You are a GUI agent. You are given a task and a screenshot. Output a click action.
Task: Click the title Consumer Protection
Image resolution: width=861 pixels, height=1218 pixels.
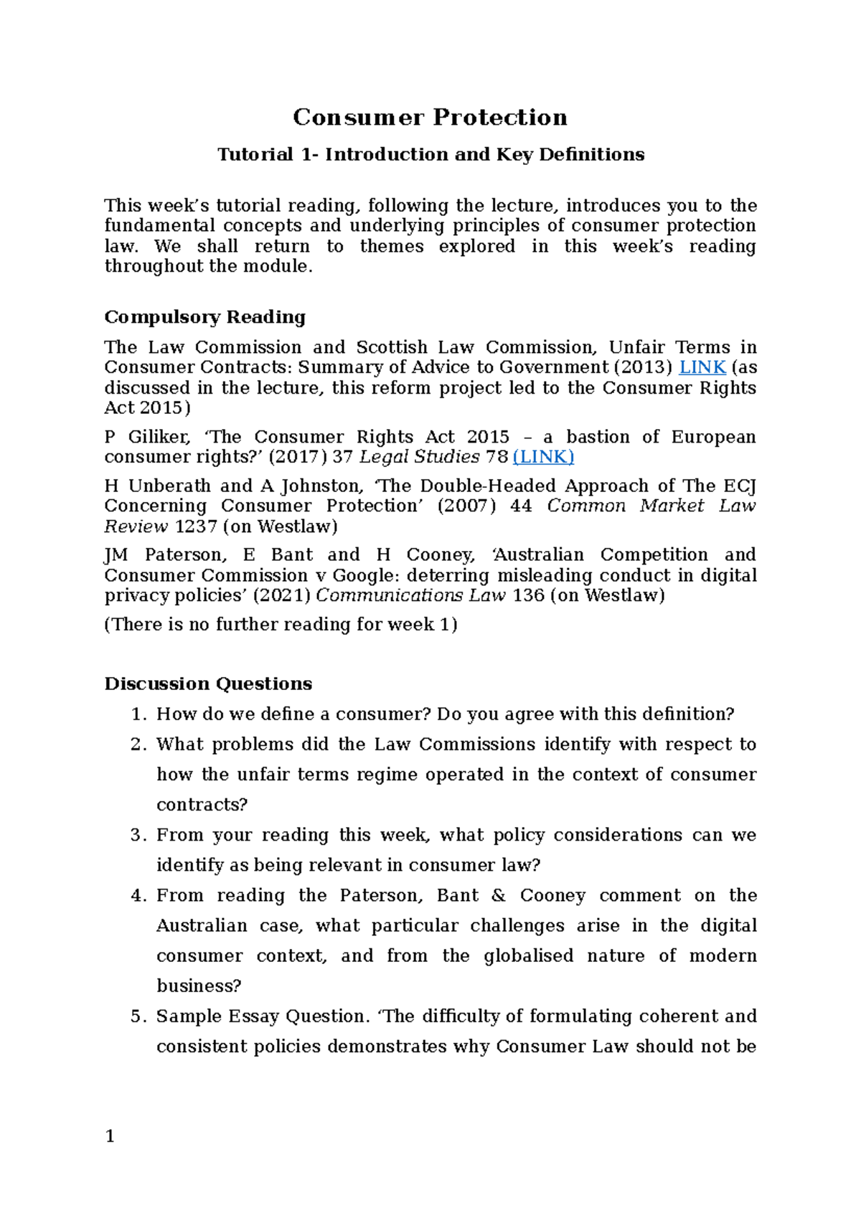430,117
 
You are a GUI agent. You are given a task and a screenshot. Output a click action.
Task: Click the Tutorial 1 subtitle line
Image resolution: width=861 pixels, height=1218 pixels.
430,154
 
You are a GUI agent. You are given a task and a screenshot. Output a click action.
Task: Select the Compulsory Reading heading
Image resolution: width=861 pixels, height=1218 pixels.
204,317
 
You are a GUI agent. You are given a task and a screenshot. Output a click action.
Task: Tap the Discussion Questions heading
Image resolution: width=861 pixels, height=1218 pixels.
208,684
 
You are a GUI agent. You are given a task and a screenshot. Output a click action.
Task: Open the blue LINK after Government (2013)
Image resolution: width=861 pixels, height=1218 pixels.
702,367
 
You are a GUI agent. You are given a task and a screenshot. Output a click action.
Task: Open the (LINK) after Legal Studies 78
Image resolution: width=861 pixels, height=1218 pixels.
543,457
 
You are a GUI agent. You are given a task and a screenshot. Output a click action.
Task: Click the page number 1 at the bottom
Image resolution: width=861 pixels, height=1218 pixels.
110,1136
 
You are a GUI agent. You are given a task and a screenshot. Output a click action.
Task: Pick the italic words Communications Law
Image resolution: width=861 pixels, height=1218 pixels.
411,595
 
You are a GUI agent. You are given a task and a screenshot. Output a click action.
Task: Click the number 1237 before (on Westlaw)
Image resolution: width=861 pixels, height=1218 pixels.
196,527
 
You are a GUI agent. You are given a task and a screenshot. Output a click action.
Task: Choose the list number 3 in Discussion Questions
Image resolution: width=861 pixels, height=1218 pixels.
138,835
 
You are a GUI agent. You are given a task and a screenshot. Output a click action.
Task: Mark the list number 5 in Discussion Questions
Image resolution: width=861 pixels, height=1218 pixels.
138,1016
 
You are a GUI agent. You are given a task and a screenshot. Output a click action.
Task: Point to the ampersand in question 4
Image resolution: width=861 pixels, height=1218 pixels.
499,895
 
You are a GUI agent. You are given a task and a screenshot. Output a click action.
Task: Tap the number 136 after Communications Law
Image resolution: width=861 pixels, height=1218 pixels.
529,595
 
